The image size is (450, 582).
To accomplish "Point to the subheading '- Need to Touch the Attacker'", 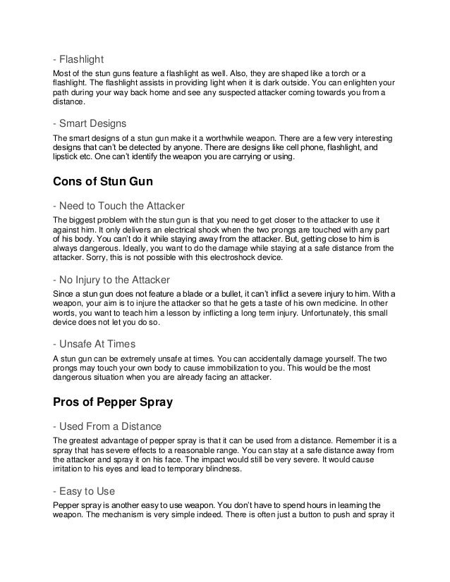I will tap(119, 206).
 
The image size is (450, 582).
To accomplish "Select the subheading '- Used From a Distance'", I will tap(107, 426).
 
